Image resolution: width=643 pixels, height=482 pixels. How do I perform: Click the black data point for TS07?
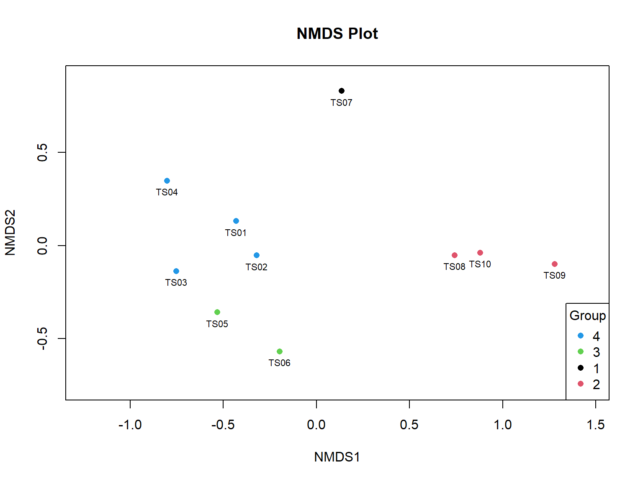(342, 91)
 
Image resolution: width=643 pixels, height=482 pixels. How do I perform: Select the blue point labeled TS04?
(167, 181)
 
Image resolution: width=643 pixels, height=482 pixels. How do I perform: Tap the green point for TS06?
(280, 351)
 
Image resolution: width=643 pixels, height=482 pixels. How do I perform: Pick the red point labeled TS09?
(555, 264)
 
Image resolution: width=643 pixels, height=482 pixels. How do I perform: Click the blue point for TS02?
(257, 255)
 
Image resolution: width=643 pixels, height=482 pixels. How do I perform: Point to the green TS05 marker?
(217, 312)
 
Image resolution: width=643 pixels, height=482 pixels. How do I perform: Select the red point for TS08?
(455, 255)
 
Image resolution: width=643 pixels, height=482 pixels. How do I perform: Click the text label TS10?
(480, 264)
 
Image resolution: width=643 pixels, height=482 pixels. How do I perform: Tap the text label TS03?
(176, 282)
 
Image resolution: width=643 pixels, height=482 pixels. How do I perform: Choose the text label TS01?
(236, 233)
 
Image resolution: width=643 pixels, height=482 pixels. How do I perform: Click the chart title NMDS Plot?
(337, 33)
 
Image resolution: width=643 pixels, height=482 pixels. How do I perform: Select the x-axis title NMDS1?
(337, 457)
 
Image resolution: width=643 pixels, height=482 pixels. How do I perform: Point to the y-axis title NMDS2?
(10, 233)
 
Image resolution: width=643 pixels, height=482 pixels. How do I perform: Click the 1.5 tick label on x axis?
(595, 425)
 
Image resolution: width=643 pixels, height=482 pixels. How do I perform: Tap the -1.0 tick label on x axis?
(130, 425)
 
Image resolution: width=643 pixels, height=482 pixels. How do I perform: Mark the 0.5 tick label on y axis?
(42, 152)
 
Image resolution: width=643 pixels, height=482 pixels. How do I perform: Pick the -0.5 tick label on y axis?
(42, 338)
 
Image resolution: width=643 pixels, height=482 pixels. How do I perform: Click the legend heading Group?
(588, 315)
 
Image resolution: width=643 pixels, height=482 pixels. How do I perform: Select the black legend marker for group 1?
(581, 368)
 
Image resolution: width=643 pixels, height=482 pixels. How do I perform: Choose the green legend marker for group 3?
(581, 351)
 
